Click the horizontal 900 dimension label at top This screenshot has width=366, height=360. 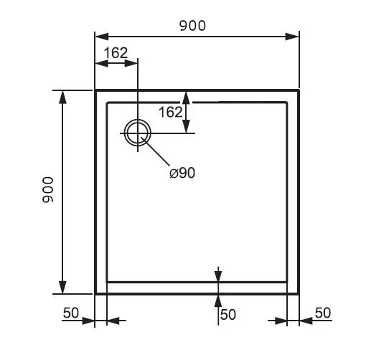192,26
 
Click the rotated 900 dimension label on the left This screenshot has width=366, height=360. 48,189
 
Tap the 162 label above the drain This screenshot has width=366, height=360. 116,53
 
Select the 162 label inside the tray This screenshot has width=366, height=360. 171,112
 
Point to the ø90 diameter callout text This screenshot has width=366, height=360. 182,173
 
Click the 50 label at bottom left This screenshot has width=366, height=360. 71,313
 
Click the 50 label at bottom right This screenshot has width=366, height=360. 323,313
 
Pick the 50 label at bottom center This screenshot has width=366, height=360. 228,314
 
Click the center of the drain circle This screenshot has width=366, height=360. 138,133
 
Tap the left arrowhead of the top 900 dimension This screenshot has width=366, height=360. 102,37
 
